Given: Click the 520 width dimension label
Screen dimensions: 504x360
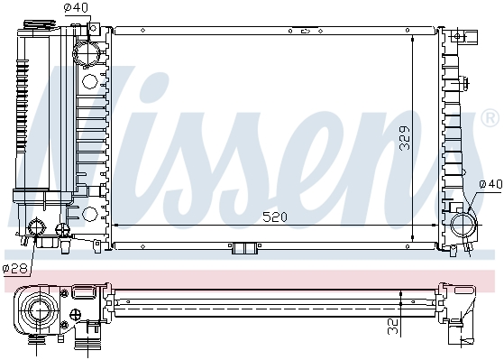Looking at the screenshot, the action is coord(274,217).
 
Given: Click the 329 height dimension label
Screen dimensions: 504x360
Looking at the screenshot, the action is coord(405,138).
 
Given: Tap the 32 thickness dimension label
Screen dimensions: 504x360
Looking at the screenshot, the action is coord(393,327).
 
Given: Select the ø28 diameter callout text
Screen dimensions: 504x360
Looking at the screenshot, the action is coord(15,269).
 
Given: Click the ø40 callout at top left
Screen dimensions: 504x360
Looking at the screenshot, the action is coord(76,7).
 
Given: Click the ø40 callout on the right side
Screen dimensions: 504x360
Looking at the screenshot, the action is coord(490,184).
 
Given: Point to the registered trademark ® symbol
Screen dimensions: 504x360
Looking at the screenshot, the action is coord(490,118).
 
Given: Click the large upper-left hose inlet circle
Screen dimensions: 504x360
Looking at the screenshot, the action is coord(86,53).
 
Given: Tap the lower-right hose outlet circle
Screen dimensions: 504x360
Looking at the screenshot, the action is coord(463,225).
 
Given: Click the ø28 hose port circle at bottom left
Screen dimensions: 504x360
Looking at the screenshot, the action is coord(37,227).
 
